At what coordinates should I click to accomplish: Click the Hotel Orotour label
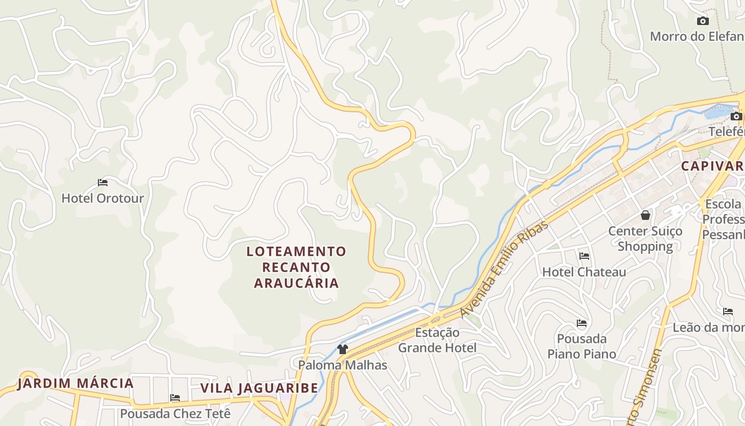(103, 199)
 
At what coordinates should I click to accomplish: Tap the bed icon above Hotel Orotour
(103, 183)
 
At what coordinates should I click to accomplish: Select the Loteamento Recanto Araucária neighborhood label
(296, 267)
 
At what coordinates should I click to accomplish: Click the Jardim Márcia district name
(75, 383)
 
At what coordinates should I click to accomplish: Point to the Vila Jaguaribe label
(259, 388)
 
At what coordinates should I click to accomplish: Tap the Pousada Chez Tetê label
(175, 414)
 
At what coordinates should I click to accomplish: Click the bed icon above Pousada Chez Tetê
(175, 398)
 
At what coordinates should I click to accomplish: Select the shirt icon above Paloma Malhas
(343, 349)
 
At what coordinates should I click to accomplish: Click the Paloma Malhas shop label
(343, 365)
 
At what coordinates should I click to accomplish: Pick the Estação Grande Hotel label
(437, 340)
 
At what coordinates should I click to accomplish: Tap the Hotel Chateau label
(584, 272)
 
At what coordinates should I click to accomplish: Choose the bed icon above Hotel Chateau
(584, 256)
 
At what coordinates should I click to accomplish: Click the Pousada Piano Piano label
(582, 346)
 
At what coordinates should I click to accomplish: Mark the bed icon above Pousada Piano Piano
(582, 323)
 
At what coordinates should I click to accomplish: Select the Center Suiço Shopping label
(645, 239)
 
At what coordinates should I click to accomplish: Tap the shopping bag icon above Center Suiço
(645, 215)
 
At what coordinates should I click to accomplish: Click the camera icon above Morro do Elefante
(702, 21)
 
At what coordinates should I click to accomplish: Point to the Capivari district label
(712, 166)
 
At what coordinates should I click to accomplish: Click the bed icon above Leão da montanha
(727, 312)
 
